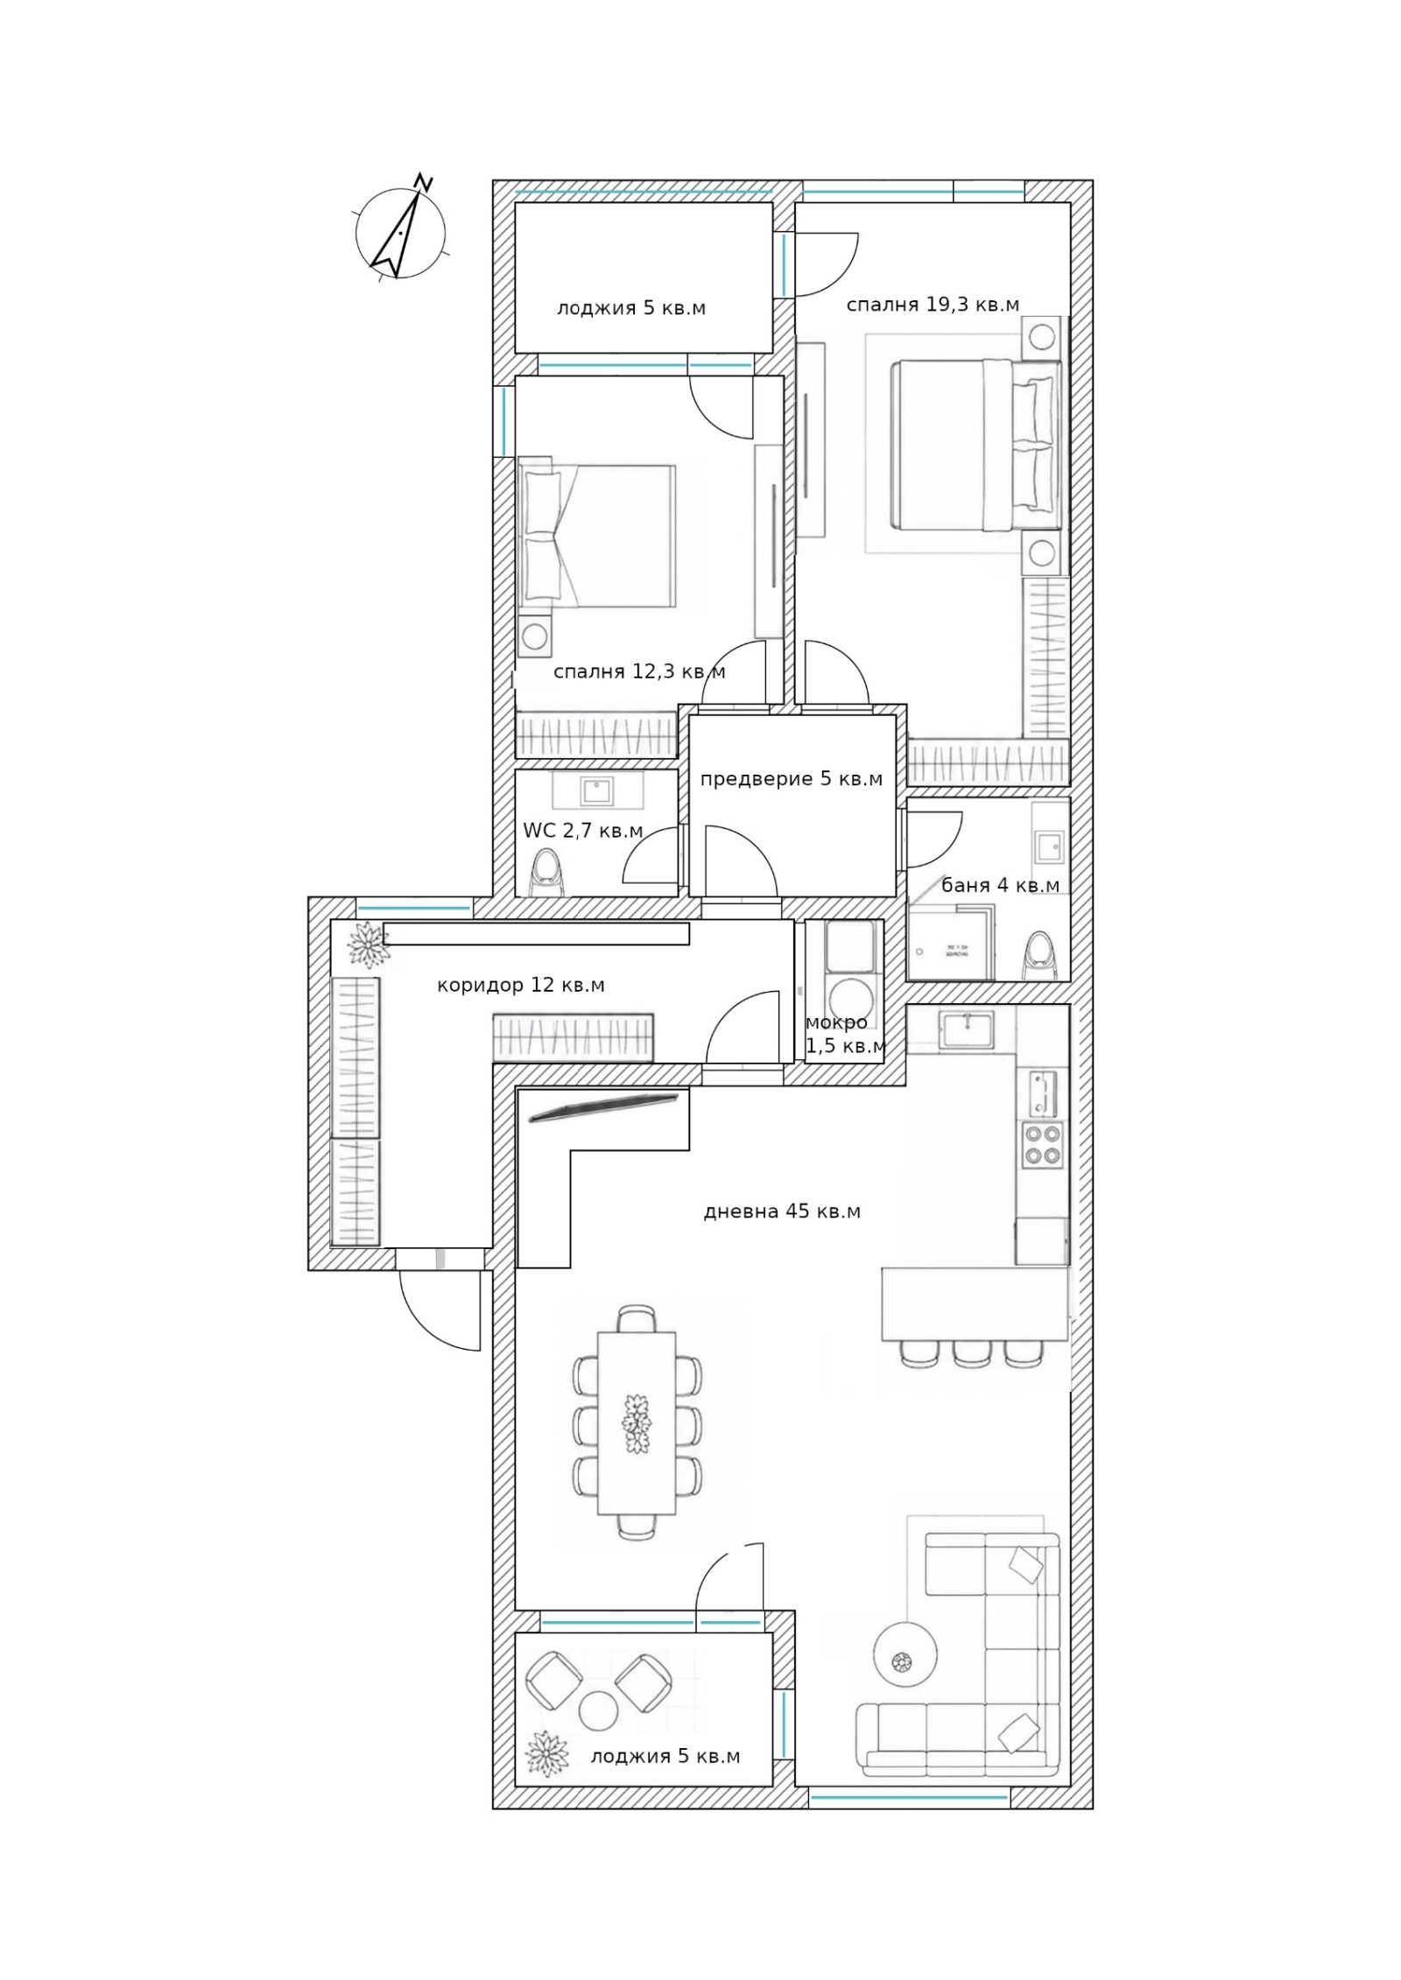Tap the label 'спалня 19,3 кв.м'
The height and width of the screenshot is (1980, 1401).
click(x=933, y=305)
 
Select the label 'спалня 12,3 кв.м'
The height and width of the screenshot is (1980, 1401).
click(x=639, y=671)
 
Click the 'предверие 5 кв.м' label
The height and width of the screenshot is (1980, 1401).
click(x=792, y=779)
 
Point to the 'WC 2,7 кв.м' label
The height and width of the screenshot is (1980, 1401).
click(x=583, y=831)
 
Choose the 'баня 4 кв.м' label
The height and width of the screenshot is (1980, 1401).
click(x=1000, y=885)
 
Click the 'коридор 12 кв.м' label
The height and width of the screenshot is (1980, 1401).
click(x=521, y=985)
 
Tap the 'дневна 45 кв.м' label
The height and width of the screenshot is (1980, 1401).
click(x=782, y=1211)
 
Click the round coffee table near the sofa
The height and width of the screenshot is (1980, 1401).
click(x=905, y=1654)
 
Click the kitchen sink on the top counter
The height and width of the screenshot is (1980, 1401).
click(x=966, y=1029)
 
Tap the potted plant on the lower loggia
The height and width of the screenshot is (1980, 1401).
click(x=546, y=1754)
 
